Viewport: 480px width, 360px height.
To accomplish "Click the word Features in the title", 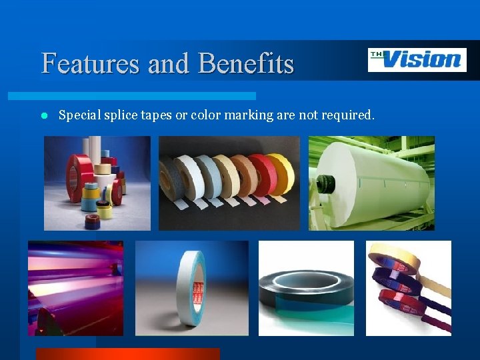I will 91,64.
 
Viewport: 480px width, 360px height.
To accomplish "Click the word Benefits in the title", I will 246,64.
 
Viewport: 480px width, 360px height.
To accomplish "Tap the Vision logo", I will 417,60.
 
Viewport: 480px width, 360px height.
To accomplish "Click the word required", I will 348,115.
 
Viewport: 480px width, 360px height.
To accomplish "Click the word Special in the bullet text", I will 79,115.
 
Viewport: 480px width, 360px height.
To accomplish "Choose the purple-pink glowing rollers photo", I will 75,288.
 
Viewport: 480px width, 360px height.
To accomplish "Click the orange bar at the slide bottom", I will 127,353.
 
